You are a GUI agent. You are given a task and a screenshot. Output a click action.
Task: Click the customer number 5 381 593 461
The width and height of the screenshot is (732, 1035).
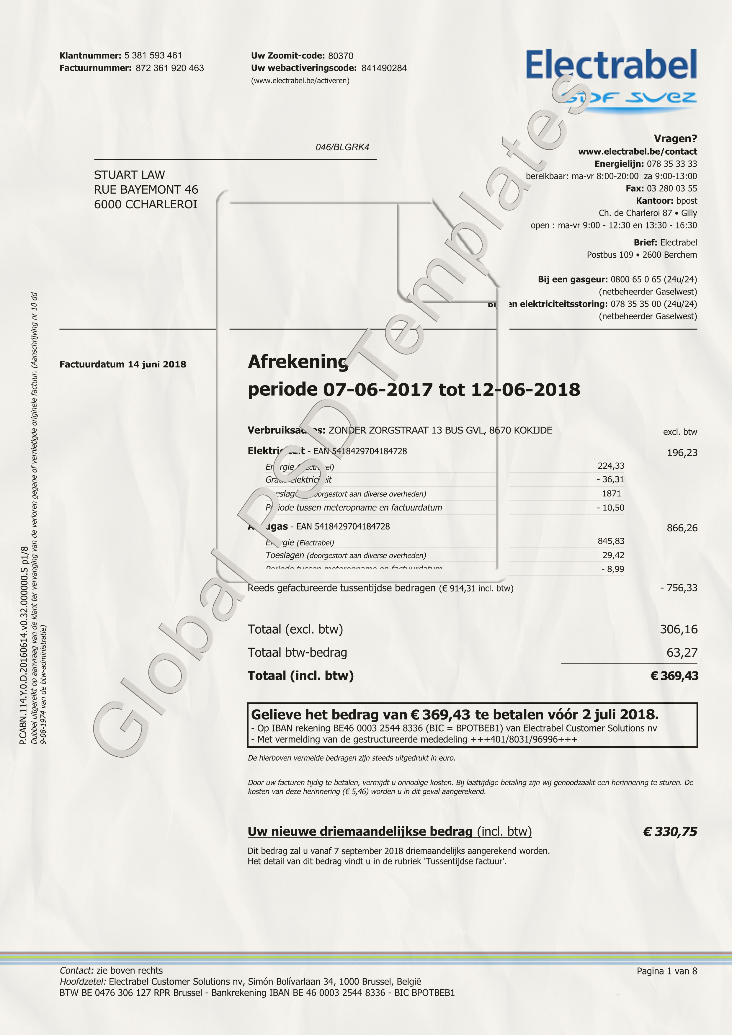pos(153,55)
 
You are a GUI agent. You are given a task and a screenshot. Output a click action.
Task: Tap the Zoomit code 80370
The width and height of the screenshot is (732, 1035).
pos(340,56)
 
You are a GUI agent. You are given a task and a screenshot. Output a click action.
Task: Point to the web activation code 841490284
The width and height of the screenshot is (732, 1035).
pos(384,68)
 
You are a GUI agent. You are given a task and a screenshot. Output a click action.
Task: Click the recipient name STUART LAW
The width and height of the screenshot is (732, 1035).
pos(129,175)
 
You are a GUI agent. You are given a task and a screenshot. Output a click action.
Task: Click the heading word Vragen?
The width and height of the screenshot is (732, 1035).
pos(675,139)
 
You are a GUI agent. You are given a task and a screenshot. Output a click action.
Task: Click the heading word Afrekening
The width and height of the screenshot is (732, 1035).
pos(298,362)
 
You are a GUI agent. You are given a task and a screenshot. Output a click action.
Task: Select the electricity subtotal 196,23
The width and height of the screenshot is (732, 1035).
pos(682,453)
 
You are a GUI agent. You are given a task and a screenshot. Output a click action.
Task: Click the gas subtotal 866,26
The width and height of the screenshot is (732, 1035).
pos(682,528)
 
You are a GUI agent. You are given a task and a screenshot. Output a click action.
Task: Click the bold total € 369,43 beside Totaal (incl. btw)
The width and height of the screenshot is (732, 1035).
pos(674,676)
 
